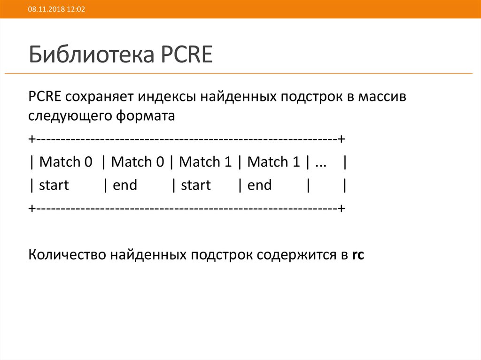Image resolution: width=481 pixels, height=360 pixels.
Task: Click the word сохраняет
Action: click(x=100, y=97)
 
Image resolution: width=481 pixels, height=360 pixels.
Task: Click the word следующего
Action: click(x=69, y=116)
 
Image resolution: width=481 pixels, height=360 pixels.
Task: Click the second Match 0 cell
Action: click(x=138, y=162)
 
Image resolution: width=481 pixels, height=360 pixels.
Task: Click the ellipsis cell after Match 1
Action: click(x=321, y=162)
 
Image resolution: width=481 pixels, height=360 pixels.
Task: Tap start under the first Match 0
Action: click(x=54, y=185)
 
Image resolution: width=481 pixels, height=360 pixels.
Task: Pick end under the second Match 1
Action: click(x=259, y=185)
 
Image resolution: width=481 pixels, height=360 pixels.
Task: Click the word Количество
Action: click(x=67, y=255)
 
